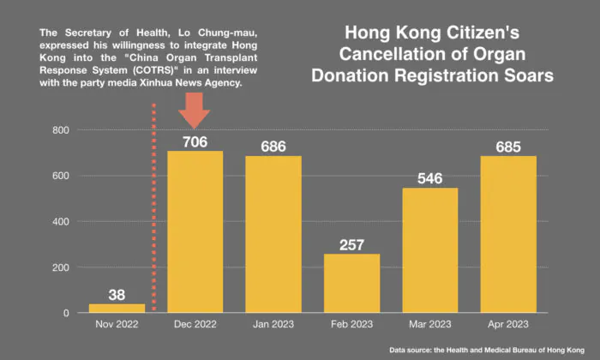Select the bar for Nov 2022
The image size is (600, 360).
(x=117, y=308)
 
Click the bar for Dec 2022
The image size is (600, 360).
(x=195, y=231)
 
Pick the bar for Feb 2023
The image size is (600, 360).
(x=351, y=283)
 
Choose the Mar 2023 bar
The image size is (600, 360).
(x=430, y=250)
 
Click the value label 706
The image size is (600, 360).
(x=195, y=141)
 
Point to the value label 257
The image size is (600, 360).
(x=351, y=243)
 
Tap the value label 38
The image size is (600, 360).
(x=117, y=292)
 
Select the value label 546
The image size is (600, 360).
(x=430, y=177)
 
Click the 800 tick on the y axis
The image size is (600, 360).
(x=60, y=130)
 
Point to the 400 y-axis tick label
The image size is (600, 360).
(x=60, y=222)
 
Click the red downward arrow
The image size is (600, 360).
(x=195, y=110)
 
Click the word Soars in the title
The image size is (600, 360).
(x=525, y=75)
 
